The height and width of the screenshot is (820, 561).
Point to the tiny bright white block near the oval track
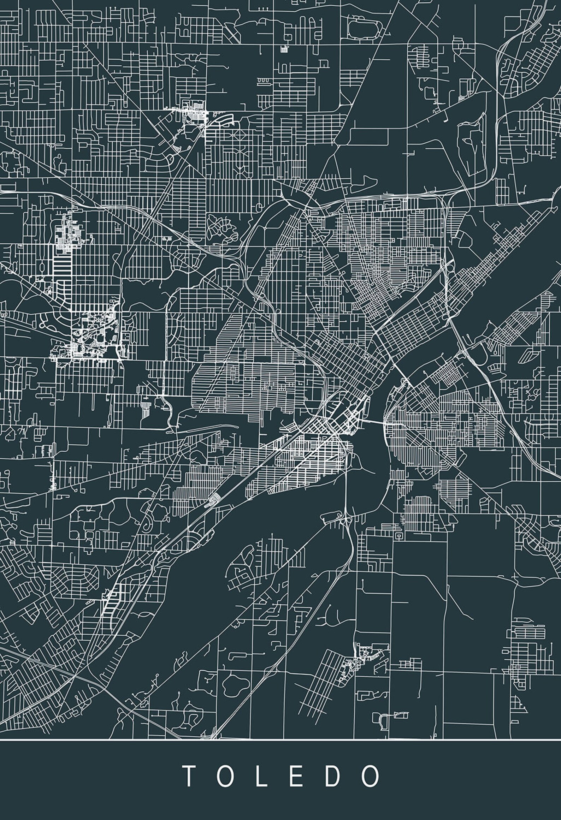point(284,49)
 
